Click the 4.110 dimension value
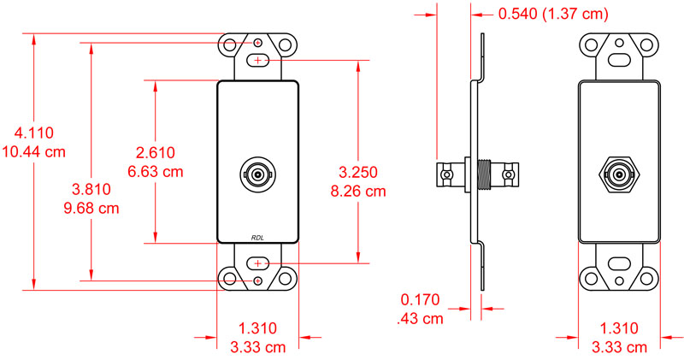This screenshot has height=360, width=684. tap(29, 133)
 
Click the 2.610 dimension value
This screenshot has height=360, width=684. tap(156, 152)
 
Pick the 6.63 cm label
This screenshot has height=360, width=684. tap(156, 171)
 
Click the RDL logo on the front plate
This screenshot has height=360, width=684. tap(258, 238)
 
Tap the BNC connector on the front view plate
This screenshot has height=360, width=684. tap(258, 175)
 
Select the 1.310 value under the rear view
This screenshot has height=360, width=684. tap(619, 328)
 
